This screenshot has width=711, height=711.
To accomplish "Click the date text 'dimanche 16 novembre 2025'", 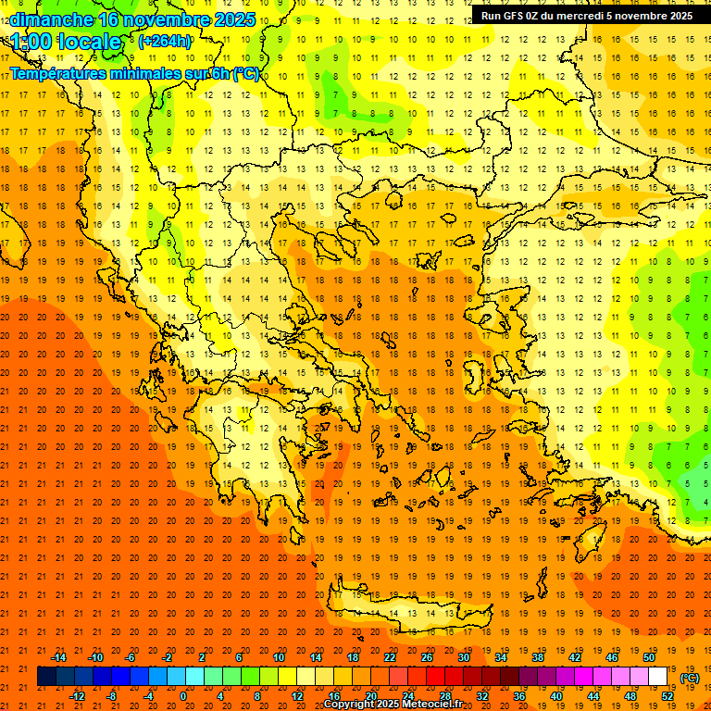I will pos(130,19).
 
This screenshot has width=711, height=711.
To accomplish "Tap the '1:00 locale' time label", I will pos(67,42).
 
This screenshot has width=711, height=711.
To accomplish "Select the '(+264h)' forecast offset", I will pos(165,41).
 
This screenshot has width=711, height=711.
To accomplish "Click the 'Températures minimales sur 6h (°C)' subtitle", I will pos(135,73).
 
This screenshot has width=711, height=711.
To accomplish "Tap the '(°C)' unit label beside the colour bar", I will pos(690,678).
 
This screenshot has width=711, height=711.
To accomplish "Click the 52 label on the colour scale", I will pos(667,696).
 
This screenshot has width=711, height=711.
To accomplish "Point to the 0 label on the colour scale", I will pos(182,696).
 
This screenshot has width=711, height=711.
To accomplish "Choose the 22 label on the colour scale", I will pos(389,656).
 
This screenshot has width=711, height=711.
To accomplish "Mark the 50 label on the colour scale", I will pos(648,656).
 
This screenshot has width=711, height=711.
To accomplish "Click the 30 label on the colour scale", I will pos(463,656).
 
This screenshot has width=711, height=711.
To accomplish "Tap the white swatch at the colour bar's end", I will pos(657,677).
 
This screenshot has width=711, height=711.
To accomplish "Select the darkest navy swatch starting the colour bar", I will pos(46,677).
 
